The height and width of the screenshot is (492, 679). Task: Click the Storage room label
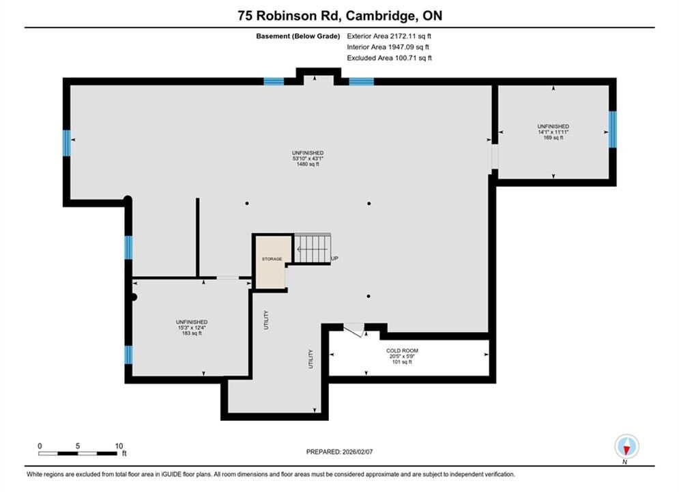point(272,259)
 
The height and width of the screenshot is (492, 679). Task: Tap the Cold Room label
point(402,351)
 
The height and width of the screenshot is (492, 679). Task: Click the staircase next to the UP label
point(313,248)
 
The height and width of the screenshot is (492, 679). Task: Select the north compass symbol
point(626,447)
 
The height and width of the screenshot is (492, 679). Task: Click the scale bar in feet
point(78,454)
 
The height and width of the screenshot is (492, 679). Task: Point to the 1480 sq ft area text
point(308,164)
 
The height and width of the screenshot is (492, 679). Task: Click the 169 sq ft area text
point(553,137)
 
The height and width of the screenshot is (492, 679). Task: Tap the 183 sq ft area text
point(192,333)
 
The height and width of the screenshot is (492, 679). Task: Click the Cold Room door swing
point(354,330)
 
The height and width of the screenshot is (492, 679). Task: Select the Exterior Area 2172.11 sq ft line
point(389,36)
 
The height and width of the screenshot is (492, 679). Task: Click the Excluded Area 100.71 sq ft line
point(389,58)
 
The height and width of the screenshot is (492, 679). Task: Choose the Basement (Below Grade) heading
point(298,36)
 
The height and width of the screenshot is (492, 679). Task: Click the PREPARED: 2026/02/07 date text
point(340,452)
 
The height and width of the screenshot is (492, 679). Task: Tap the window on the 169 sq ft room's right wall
point(612,130)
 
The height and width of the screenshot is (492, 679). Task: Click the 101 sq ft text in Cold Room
point(402,362)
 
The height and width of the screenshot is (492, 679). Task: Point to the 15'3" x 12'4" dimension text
point(192,328)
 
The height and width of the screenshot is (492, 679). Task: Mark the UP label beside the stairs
point(335,258)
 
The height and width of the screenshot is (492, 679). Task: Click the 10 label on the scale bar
point(119,446)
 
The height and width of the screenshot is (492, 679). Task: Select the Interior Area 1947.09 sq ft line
point(388,47)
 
